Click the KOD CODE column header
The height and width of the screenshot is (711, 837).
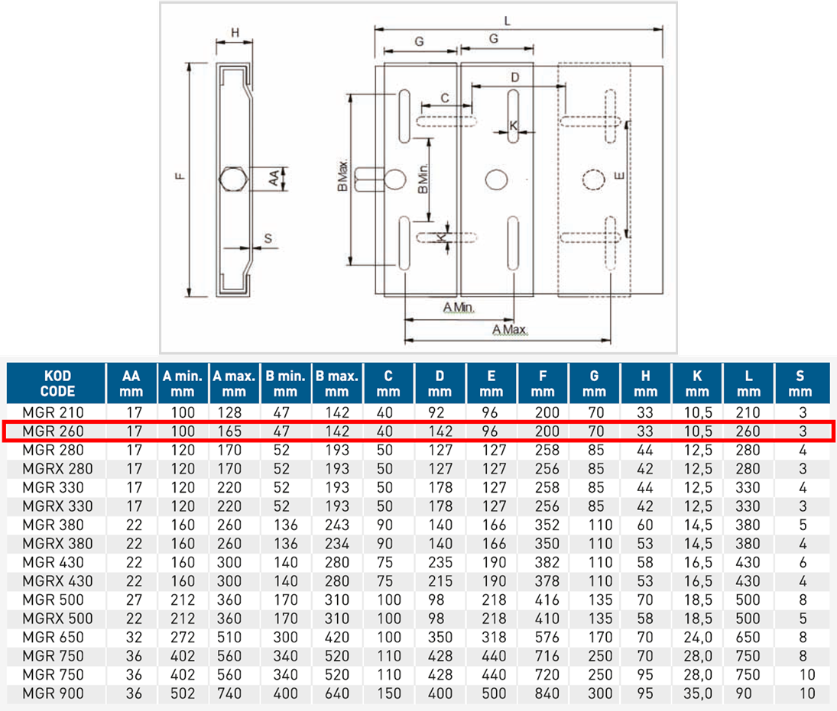click(x=55, y=383)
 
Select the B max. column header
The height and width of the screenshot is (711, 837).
click(x=337, y=383)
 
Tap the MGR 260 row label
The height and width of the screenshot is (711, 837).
click(x=53, y=431)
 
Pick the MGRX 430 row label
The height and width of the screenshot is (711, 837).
click(x=57, y=581)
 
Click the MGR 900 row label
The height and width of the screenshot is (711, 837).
click(x=53, y=693)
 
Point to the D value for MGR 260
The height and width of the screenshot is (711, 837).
click(x=440, y=431)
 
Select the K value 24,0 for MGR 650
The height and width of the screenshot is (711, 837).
click(x=697, y=637)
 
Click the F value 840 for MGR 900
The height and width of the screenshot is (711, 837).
click(x=542, y=693)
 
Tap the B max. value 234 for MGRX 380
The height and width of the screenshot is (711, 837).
click(x=336, y=544)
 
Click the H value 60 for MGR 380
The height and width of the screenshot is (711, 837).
click(x=645, y=525)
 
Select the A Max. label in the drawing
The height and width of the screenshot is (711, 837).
click(x=511, y=330)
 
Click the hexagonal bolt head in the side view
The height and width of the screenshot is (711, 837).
click(x=232, y=180)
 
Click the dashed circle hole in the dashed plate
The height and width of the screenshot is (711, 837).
click(x=593, y=179)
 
